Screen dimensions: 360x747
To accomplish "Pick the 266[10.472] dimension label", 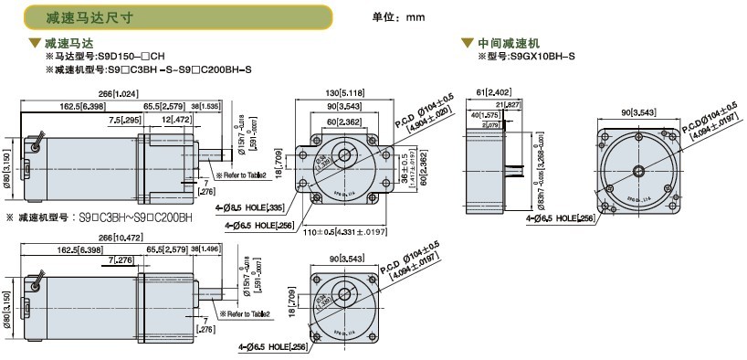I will (119, 237).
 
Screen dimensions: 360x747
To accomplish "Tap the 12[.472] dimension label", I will (176, 120).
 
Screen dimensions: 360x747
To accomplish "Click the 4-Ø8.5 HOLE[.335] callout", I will (260, 208).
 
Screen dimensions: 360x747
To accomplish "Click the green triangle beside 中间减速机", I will (468, 43).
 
